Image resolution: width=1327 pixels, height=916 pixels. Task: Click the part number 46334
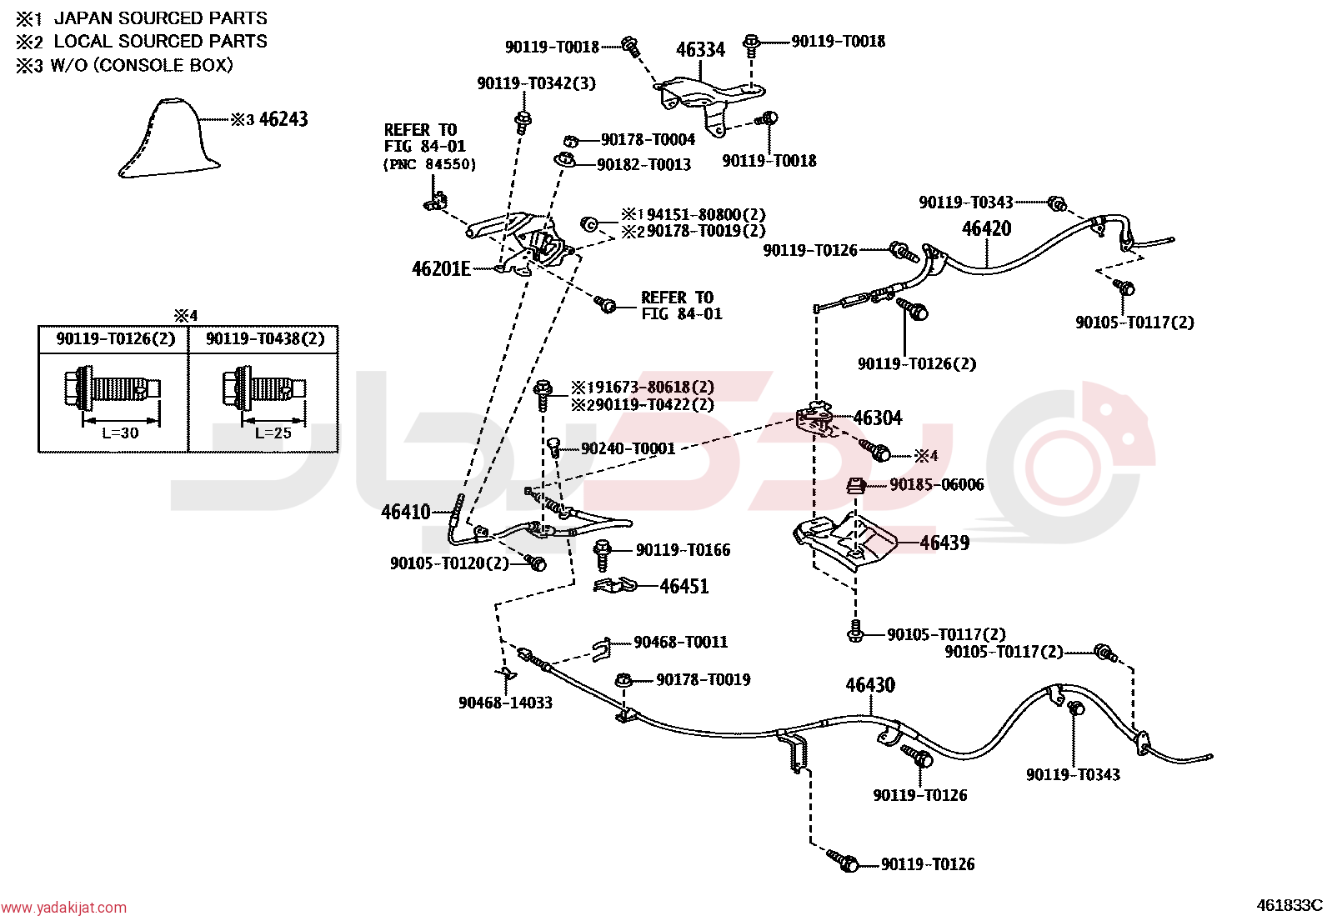tap(700, 50)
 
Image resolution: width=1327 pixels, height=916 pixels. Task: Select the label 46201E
tap(441, 269)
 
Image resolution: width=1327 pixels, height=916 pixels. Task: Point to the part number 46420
tap(986, 228)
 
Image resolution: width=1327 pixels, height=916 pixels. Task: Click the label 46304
tap(878, 418)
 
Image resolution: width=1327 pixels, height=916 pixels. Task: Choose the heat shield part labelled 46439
tap(845, 542)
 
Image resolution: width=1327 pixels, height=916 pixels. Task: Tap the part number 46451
tap(684, 586)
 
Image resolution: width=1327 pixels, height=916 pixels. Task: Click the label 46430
tap(870, 685)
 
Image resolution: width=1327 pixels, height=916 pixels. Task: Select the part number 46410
tap(406, 512)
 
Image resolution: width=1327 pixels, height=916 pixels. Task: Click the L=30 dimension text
tap(120, 433)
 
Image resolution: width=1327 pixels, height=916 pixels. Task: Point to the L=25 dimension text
tap(273, 433)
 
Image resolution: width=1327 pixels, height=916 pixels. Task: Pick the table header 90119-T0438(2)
tap(265, 339)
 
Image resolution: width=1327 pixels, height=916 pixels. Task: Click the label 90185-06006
tap(937, 484)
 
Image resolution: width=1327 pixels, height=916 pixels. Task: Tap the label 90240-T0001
tap(628, 448)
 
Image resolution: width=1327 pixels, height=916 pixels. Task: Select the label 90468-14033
tap(505, 703)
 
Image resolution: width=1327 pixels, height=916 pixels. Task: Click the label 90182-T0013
tap(644, 165)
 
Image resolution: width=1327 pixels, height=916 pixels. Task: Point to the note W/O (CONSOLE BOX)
tap(142, 65)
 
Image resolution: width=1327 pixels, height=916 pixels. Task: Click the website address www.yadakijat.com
tap(63, 908)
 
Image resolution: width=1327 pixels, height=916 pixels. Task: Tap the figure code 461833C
tap(1289, 905)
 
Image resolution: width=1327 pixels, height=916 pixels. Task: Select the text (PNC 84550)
tap(429, 164)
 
